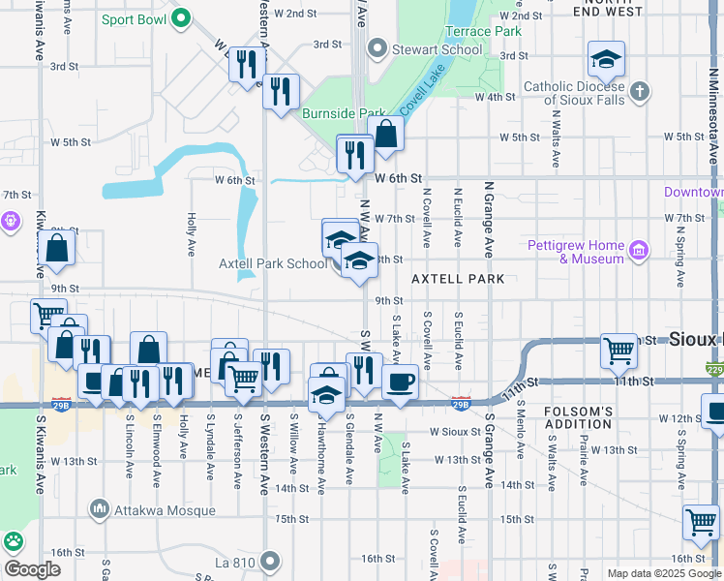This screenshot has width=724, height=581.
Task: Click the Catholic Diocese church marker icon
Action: coord(638,93)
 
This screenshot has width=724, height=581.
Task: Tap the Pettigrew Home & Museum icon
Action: coord(638,253)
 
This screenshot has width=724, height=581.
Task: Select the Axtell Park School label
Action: coord(274,263)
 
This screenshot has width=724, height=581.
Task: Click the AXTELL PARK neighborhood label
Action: coord(458,278)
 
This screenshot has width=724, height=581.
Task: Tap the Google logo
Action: coord(32,568)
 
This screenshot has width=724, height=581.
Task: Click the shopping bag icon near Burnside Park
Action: coord(385,135)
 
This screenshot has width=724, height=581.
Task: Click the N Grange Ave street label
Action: coord(489,214)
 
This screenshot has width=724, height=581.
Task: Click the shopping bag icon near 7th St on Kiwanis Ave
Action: coord(57,248)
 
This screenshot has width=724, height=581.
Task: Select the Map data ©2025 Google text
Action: coord(663,573)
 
